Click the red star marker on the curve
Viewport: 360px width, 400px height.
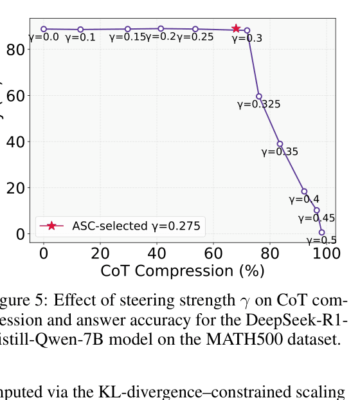(x=236, y=29)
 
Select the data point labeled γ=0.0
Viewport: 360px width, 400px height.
(x=44, y=29)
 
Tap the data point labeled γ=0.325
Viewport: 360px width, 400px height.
(x=259, y=96)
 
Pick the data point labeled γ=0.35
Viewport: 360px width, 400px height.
(x=280, y=144)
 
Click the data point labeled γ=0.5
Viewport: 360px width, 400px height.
(x=321, y=232)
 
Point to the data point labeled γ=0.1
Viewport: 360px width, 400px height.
(x=80, y=30)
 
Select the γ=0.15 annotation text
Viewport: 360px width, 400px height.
(x=127, y=37)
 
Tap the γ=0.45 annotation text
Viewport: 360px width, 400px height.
(x=316, y=219)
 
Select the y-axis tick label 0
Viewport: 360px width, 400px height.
(x=23, y=233)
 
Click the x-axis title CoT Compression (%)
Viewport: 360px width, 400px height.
(x=183, y=271)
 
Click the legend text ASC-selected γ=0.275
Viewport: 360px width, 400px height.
(x=136, y=226)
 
